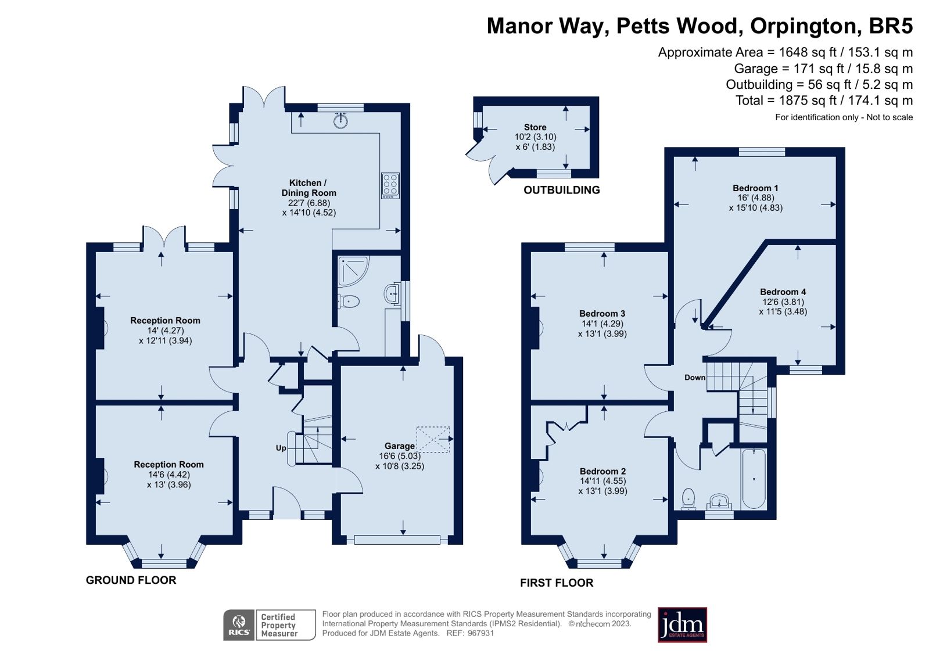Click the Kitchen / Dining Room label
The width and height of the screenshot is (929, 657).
pos(309,188)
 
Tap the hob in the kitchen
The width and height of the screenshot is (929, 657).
pos(390,185)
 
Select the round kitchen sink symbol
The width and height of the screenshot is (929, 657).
pos(341,121)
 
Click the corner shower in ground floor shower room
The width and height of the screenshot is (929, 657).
pos(351,271)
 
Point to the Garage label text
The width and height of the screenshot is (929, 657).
pos(400,446)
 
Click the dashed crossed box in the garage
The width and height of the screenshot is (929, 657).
pos(433,440)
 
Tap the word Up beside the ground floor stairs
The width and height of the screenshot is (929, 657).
pos(281,448)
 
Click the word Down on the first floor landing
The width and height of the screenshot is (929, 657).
pos(694,377)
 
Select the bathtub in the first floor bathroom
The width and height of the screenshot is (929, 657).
pos(754,479)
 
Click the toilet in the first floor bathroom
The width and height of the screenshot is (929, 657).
pos(688,499)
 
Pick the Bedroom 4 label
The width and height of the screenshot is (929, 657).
pos(783,292)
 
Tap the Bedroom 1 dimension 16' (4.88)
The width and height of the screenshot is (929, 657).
pos(755,198)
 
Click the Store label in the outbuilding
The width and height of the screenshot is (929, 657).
pos(535,127)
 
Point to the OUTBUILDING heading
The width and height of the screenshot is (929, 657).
pos(561,190)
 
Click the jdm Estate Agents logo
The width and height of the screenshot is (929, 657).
pos(682,625)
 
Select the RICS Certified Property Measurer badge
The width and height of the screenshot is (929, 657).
pos(269,625)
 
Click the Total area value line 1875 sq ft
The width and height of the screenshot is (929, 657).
pos(824,100)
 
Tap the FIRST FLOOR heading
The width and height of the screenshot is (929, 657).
pos(556,583)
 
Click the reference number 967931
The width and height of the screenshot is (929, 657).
pos(480,633)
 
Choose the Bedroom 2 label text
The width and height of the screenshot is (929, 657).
pos(602,471)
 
